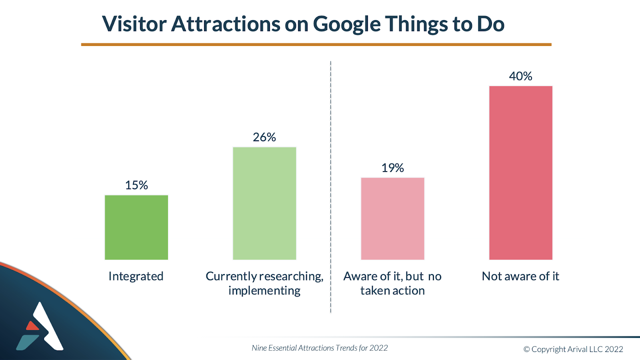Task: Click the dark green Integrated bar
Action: point(136,227)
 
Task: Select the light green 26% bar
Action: point(264,203)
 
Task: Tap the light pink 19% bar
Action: point(392,218)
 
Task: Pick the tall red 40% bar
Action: point(520,173)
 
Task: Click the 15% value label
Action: point(136,185)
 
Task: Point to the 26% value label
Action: point(264,137)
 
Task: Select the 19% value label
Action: point(392,168)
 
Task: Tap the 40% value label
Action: point(520,76)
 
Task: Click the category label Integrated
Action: point(136,276)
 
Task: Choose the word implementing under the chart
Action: point(264,291)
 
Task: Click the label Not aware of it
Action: point(520,276)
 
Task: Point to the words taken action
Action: point(392,291)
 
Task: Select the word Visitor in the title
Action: point(134,24)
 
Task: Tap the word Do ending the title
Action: point(490,24)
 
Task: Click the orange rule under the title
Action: point(316,44)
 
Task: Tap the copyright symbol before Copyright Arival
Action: point(526,350)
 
